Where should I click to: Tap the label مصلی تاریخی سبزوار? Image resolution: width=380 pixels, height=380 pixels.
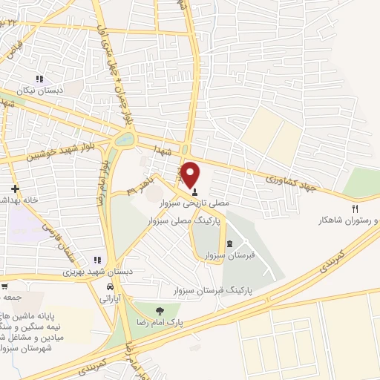(207, 202)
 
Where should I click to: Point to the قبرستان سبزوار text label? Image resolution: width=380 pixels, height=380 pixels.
(225, 255)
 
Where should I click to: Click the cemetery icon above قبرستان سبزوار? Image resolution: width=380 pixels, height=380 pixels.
(229, 244)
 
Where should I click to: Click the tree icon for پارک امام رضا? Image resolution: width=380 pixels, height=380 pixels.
(157, 310)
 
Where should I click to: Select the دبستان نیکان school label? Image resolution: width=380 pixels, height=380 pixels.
(42, 90)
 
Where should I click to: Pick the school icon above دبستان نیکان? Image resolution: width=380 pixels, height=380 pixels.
(40, 78)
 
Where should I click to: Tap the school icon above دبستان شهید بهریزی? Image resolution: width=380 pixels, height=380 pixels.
(96, 260)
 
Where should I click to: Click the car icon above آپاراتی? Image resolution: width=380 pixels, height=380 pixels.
(111, 286)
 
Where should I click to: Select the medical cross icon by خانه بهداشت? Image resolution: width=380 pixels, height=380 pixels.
(14, 189)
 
